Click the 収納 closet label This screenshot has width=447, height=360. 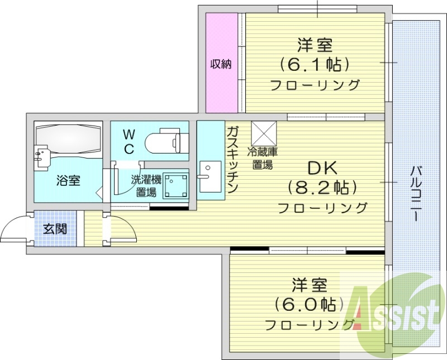221,64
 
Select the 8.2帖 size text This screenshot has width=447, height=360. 322,187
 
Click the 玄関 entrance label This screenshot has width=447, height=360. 55,228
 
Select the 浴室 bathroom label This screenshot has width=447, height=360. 68,180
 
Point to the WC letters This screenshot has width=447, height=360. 129,141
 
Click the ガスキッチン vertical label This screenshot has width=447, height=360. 233,159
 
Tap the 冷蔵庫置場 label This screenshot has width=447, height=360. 262,158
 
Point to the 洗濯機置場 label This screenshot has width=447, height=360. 146,186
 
